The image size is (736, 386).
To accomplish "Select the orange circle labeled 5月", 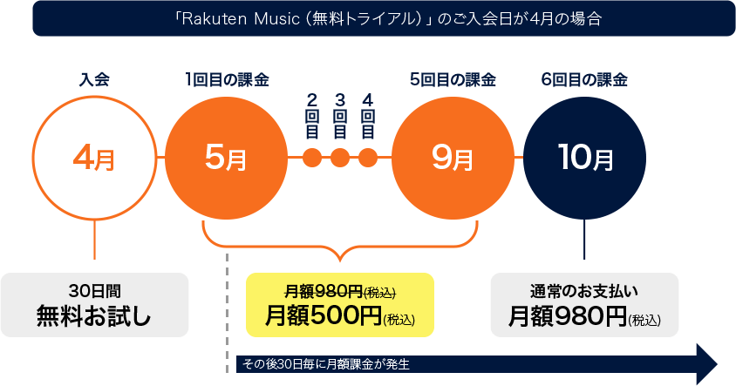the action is pyautogui.click(x=226, y=158).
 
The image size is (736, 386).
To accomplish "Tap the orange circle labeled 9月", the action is pyautogui.click(x=453, y=158).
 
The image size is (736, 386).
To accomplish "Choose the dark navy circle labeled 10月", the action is pyautogui.click(x=584, y=158).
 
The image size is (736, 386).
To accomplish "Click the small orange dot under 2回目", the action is pyautogui.click(x=312, y=158).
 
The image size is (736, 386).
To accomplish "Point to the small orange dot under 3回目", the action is pyautogui.click(x=340, y=158).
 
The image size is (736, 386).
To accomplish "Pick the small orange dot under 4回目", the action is pyautogui.click(x=368, y=158).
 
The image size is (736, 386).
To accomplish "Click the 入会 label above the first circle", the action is pyautogui.click(x=94, y=80).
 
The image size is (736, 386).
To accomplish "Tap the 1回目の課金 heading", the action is pyautogui.click(x=227, y=80).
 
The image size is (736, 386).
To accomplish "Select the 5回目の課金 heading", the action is pyautogui.click(x=453, y=80).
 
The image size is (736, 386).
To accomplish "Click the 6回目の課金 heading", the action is pyautogui.click(x=584, y=80).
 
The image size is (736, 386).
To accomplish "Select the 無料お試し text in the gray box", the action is pyautogui.click(x=94, y=315).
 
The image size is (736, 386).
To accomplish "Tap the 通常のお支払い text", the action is pyautogui.click(x=584, y=291).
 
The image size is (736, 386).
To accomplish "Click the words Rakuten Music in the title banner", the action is pyautogui.click(x=243, y=19).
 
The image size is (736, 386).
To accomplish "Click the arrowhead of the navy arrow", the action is pyautogui.click(x=707, y=364).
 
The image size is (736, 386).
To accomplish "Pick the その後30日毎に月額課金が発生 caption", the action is pyautogui.click(x=326, y=364).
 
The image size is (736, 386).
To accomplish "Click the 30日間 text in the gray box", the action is pyautogui.click(x=94, y=291).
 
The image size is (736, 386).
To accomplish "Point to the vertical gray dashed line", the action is pyautogui.click(x=227, y=314).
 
